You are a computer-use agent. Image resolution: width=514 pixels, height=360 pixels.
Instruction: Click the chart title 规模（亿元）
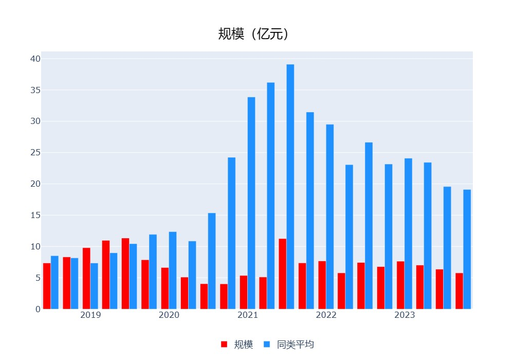pyautogui.click(x=253, y=34)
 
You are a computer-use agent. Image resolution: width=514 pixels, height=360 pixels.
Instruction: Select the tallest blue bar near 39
pyautogui.click(x=290, y=186)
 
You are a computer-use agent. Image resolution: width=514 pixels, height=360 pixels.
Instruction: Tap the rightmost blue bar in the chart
pyautogui.click(x=467, y=249)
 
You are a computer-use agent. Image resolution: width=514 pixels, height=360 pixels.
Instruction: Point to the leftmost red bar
pyautogui.click(x=47, y=286)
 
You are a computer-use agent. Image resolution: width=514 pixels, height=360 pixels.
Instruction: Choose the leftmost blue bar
pyautogui.click(x=54, y=282)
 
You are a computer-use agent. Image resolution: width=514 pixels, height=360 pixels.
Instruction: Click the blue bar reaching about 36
pyautogui.click(x=271, y=195)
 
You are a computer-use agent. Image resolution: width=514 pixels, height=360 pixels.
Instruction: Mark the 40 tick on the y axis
pyautogui.click(x=35, y=59)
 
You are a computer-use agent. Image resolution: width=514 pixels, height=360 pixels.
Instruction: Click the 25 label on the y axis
pyautogui.click(x=35, y=153)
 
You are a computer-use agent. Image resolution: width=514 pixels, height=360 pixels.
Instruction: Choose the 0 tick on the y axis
pyautogui.click(x=38, y=309)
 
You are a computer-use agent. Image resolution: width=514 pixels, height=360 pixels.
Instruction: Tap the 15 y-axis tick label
pyautogui.click(x=35, y=215)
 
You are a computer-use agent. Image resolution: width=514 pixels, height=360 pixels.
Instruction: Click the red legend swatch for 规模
pyautogui.click(x=224, y=345)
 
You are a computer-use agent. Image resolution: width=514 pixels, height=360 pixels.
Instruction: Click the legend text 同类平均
pyautogui.click(x=295, y=345)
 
